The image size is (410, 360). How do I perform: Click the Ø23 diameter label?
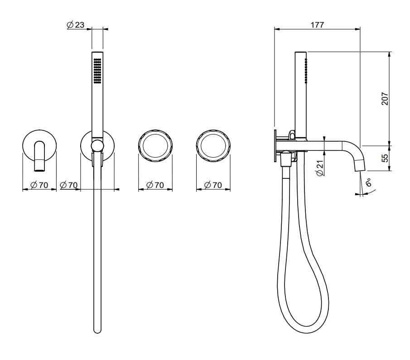click(76, 25)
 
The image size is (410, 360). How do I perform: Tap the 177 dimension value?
click(317, 25)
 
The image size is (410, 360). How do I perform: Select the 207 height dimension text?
click(385, 99)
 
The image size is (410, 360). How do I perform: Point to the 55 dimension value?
click(385, 158)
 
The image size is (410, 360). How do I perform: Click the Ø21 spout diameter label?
click(320, 168)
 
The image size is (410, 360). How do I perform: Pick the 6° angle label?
click(368, 182)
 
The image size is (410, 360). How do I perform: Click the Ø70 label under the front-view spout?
click(39, 185)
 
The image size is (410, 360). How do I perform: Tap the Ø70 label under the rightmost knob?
click(213, 185)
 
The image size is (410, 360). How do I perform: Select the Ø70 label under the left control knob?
click(155, 185)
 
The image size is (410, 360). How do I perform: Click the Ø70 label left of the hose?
click(69, 185)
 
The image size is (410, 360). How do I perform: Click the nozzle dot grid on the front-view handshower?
click(97, 71)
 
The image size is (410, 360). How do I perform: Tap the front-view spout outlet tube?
click(40, 156)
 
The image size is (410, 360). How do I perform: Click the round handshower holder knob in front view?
click(97, 146)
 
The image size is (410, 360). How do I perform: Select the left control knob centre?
click(155, 146)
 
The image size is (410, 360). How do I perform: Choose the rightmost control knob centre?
click(213, 146)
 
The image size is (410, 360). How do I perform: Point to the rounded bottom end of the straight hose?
click(97, 331)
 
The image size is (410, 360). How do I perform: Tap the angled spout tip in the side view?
click(358, 165)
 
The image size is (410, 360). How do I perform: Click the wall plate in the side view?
click(275, 146)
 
